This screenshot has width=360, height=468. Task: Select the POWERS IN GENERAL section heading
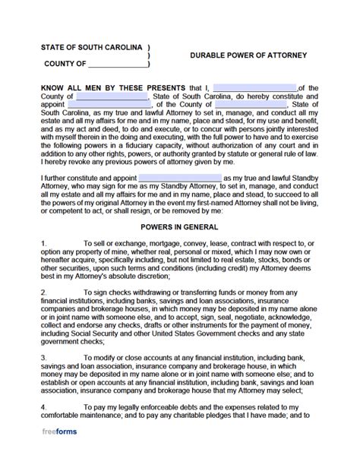[180, 226]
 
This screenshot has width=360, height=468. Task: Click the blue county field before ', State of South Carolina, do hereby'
[112, 97]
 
